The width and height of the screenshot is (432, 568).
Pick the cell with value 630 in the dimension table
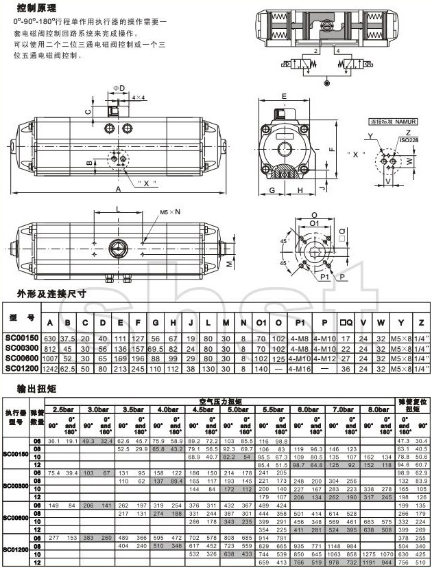[x=49, y=339]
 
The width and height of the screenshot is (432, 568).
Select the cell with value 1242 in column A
[x=49, y=368]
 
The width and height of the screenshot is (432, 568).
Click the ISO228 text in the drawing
[x=408, y=139]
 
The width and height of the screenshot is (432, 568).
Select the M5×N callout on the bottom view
[x=170, y=212]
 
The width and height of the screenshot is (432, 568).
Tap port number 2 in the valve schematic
[x=315, y=51]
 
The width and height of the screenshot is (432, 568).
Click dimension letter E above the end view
[x=282, y=96]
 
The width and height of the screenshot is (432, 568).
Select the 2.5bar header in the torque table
[x=63, y=409]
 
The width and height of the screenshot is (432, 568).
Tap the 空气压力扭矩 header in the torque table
[x=221, y=400]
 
